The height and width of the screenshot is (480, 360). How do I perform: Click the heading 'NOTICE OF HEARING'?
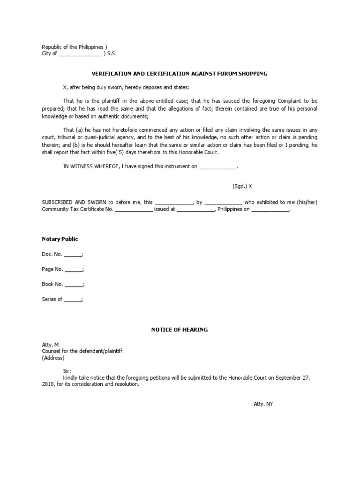[180, 330]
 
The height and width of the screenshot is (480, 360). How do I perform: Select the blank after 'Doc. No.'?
[72, 255]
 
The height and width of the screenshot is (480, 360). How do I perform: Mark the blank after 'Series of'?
[73, 300]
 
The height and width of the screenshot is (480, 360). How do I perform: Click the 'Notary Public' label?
[60, 239]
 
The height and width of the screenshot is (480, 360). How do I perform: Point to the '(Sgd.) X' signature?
[242, 186]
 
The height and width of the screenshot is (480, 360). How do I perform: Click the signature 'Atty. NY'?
[260, 404]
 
